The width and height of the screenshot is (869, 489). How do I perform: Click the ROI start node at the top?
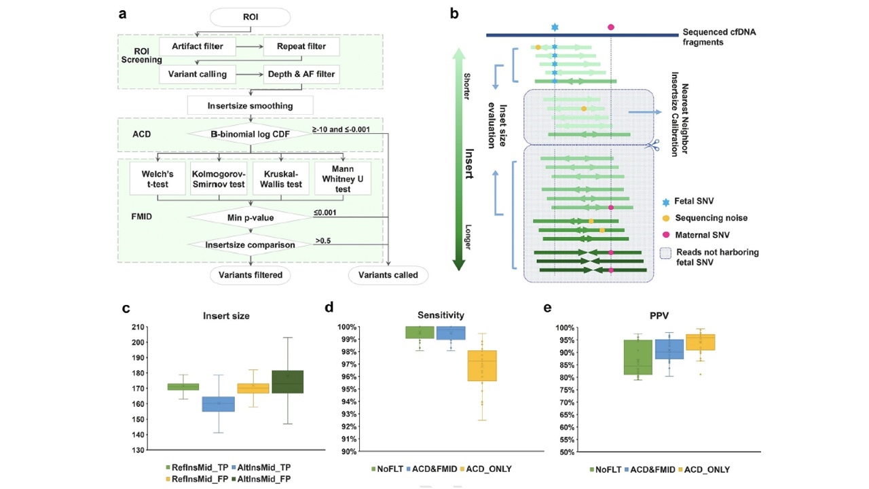pyautogui.click(x=251, y=18)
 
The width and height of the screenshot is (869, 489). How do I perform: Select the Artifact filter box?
pyautogui.click(x=198, y=47)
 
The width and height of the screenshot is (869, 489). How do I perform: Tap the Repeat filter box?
pyautogui.click(x=301, y=47)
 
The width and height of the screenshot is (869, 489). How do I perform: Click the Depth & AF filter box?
pyautogui.click(x=301, y=74)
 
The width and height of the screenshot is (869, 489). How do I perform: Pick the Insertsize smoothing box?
pyautogui.click(x=251, y=105)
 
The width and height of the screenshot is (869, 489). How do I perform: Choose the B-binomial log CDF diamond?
pyautogui.click(x=251, y=134)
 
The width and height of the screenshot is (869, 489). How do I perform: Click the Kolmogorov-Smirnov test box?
pyautogui.click(x=219, y=179)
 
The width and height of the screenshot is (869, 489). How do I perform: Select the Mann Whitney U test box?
pyautogui.click(x=343, y=179)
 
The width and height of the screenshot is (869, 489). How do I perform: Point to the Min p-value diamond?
pyautogui.click(x=251, y=217)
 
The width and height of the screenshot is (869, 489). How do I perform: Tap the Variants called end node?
pyautogui.click(x=388, y=275)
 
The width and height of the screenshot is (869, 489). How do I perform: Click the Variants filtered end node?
pyautogui.click(x=251, y=275)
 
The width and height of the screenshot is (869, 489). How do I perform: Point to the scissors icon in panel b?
pyautogui.click(x=652, y=145)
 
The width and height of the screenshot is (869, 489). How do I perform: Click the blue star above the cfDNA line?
pyautogui.click(x=555, y=27)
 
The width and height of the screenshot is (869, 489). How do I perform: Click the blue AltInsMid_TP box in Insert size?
pyautogui.click(x=219, y=404)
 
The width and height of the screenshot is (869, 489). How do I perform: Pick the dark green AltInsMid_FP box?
pyautogui.click(x=288, y=382)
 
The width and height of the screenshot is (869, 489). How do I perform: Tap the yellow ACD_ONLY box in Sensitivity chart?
pyautogui.click(x=482, y=365)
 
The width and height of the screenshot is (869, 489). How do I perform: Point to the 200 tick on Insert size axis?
pyautogui.click(x=138, y=342)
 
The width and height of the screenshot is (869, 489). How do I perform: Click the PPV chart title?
pyautogui.click(x=659, y=316)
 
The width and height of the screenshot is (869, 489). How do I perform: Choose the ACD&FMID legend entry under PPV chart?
pyautogui.click(x=650, y=469)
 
